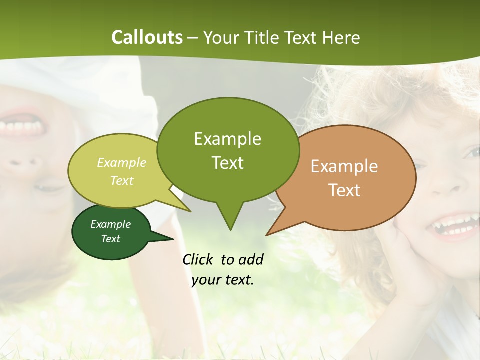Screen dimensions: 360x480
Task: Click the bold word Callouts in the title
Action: point(147,37)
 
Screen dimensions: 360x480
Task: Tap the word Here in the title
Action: point(341,38)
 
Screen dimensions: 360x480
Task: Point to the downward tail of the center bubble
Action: point(230,220)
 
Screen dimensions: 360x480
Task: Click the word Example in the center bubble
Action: point(227,138)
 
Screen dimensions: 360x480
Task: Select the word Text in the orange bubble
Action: point(344,190)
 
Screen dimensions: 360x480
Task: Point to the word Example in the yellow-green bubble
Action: point(122,162)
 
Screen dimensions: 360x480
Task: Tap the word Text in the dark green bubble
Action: point(110,239)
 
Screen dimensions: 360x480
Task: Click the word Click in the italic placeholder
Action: point(199,259)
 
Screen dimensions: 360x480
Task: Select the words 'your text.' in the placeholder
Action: point(223,280)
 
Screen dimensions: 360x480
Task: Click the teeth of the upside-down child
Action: point(22,127)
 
